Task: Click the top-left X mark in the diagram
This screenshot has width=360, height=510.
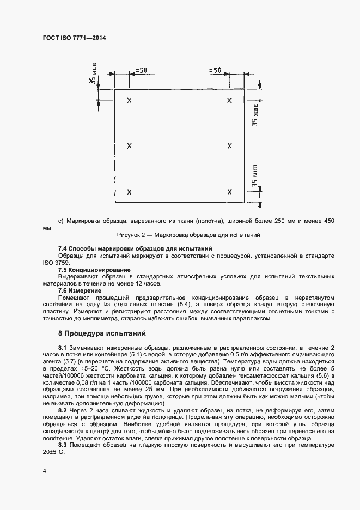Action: point(129,101)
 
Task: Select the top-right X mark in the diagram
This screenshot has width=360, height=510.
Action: point(229,101)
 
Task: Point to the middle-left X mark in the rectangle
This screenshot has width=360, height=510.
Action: point(129,146)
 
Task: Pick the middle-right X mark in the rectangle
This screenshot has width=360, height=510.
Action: point(229,146)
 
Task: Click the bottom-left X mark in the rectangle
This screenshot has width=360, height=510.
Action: point(129,192)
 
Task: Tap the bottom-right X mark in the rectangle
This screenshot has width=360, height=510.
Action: point(229,192)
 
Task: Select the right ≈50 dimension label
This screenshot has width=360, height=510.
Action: point(215,70)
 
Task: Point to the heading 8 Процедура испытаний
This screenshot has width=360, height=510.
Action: point(102,333)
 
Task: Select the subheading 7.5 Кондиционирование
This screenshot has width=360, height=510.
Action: point(94,270)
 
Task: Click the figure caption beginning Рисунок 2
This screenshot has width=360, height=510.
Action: point(188,235)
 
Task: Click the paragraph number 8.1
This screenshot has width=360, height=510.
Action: point(63,348)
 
